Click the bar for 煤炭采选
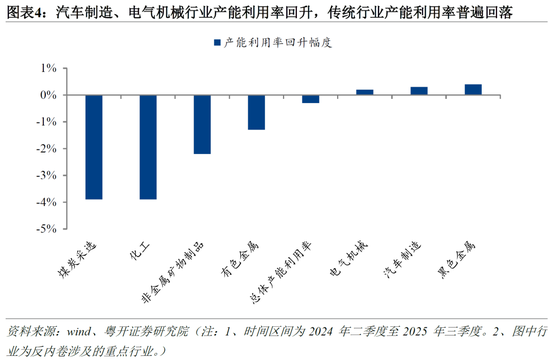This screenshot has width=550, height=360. (93, 147)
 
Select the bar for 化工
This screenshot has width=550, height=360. (147, 147)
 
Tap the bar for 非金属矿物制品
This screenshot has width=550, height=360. (201, 124)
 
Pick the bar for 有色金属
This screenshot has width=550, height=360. (256, 112)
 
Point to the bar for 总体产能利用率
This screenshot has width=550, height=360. (310, 99)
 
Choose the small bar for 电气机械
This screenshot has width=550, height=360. (365, 92)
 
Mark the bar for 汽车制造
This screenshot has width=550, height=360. (419, 91)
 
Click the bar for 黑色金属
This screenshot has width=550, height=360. (473, 89)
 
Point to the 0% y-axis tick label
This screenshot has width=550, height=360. (48, 95)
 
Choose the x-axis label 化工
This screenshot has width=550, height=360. (139, 250)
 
